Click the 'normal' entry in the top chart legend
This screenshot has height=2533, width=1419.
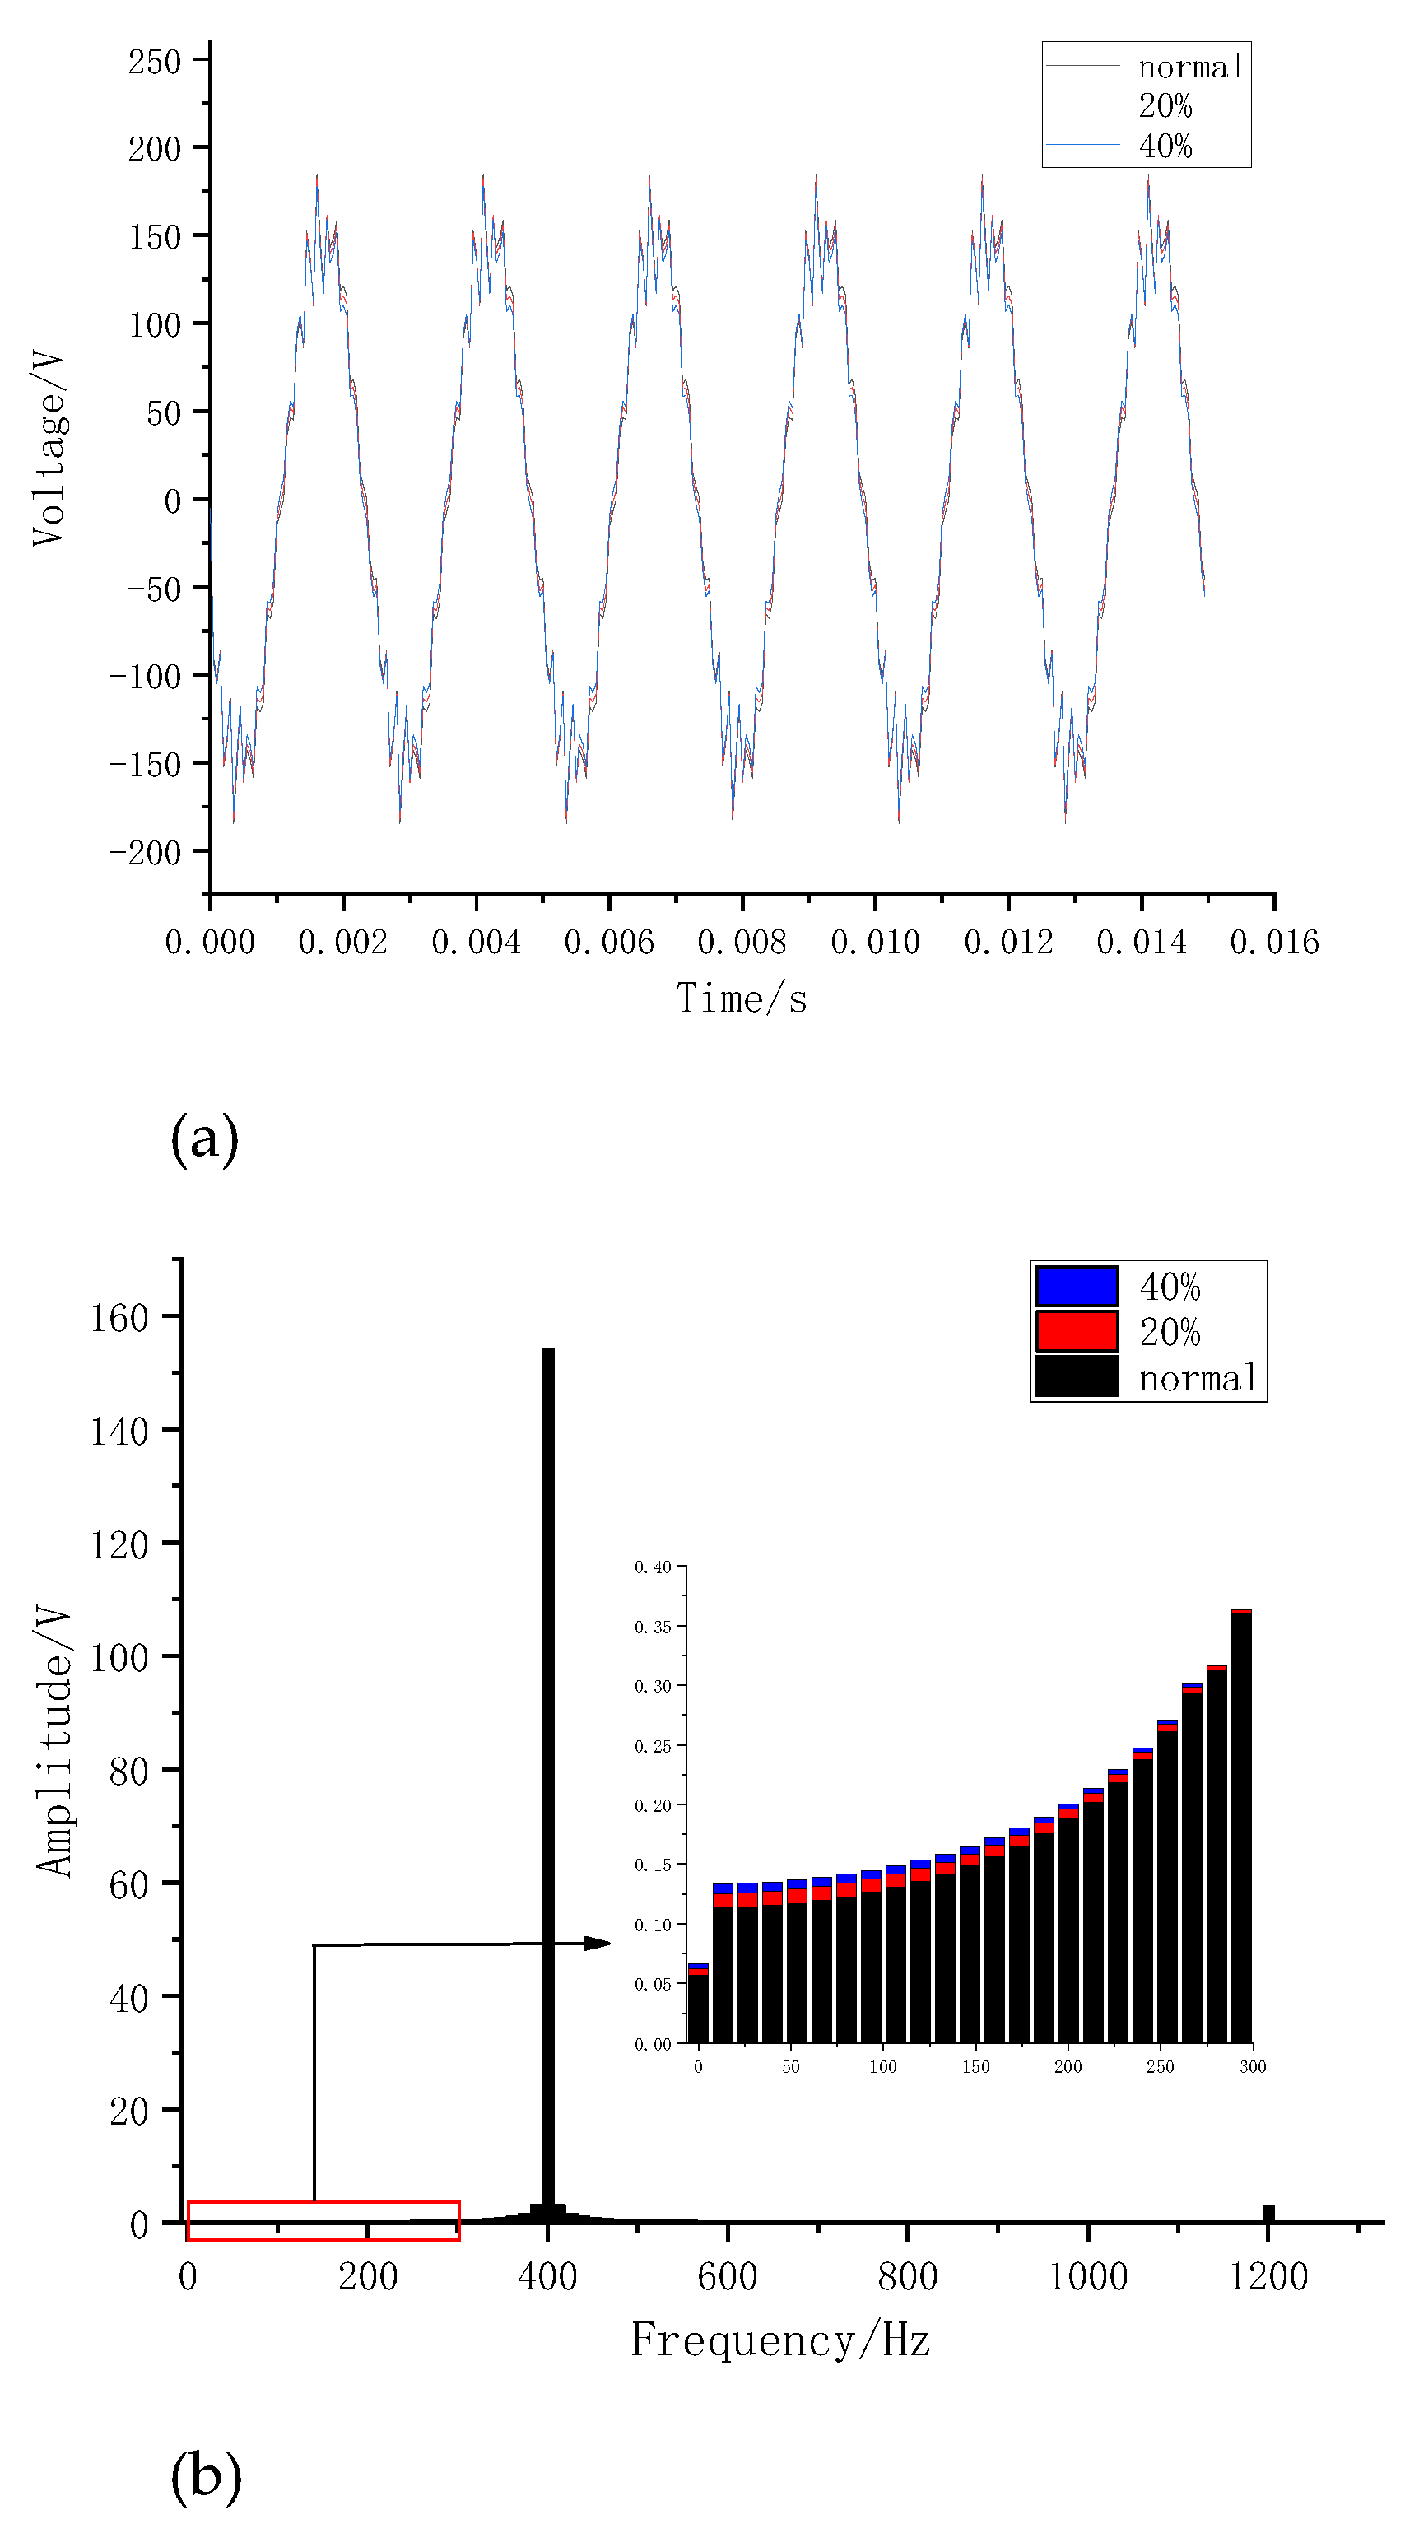point(1190,67)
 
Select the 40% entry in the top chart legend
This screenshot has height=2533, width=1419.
point(1165,147)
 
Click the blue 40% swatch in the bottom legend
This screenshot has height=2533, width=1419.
point(1077,1286)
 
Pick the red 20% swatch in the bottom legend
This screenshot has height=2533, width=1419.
point(1077,1331)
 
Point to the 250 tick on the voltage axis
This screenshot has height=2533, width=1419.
point(155,62)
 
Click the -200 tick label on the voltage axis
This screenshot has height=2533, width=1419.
point(146,851)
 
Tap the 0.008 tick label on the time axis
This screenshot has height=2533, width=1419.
point(742,942)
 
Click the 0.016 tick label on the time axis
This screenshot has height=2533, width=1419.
point(1274,942)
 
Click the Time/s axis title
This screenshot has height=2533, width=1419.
point(742,999)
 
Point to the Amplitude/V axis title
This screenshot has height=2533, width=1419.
point(54,1741)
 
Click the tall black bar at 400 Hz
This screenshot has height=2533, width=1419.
point(547,1770)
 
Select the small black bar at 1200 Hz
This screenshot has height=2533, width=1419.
point(1268,2213)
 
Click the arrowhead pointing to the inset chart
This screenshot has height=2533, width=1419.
point(598,1943)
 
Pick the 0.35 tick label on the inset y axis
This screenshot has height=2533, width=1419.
point(652,1627)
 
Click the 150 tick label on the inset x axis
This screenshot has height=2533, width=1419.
point(975,2067)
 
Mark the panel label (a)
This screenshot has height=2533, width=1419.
point(205,1138)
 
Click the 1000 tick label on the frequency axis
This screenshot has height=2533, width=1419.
point(1087,2275)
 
